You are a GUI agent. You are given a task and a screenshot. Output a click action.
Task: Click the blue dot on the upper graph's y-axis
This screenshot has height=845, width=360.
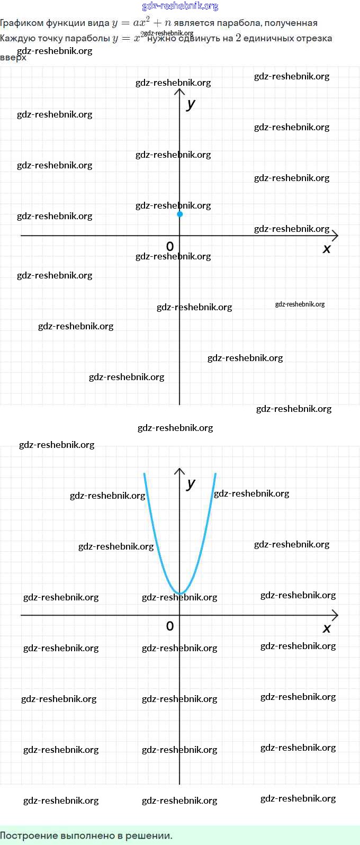point(180,214)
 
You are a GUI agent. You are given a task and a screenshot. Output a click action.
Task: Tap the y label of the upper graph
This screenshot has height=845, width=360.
point(191,104)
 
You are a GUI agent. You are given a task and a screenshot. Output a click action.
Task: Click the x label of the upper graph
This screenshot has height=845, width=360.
point(327,248)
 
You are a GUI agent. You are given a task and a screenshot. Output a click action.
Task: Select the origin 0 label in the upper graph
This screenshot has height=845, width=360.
point(170,246)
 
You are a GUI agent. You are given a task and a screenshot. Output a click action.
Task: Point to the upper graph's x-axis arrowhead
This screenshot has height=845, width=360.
point(335,236)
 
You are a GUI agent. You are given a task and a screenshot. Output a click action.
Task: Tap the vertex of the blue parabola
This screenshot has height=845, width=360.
point(180,594)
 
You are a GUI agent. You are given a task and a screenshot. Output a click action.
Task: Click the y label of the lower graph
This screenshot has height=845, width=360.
point(191,483)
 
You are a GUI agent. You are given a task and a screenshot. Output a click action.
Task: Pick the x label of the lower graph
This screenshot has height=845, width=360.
point(327,628)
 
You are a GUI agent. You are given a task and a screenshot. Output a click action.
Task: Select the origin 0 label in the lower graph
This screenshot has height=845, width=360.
point(170,626)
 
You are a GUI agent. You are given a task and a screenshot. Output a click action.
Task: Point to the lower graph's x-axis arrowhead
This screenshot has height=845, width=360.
point(335,615)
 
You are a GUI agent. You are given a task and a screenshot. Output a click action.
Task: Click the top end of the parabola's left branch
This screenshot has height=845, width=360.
point(144,474)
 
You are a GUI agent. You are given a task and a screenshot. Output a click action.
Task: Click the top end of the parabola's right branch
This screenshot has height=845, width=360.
point(215,474)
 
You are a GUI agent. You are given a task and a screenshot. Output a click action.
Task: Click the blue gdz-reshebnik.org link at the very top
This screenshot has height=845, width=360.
point(180,6)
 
